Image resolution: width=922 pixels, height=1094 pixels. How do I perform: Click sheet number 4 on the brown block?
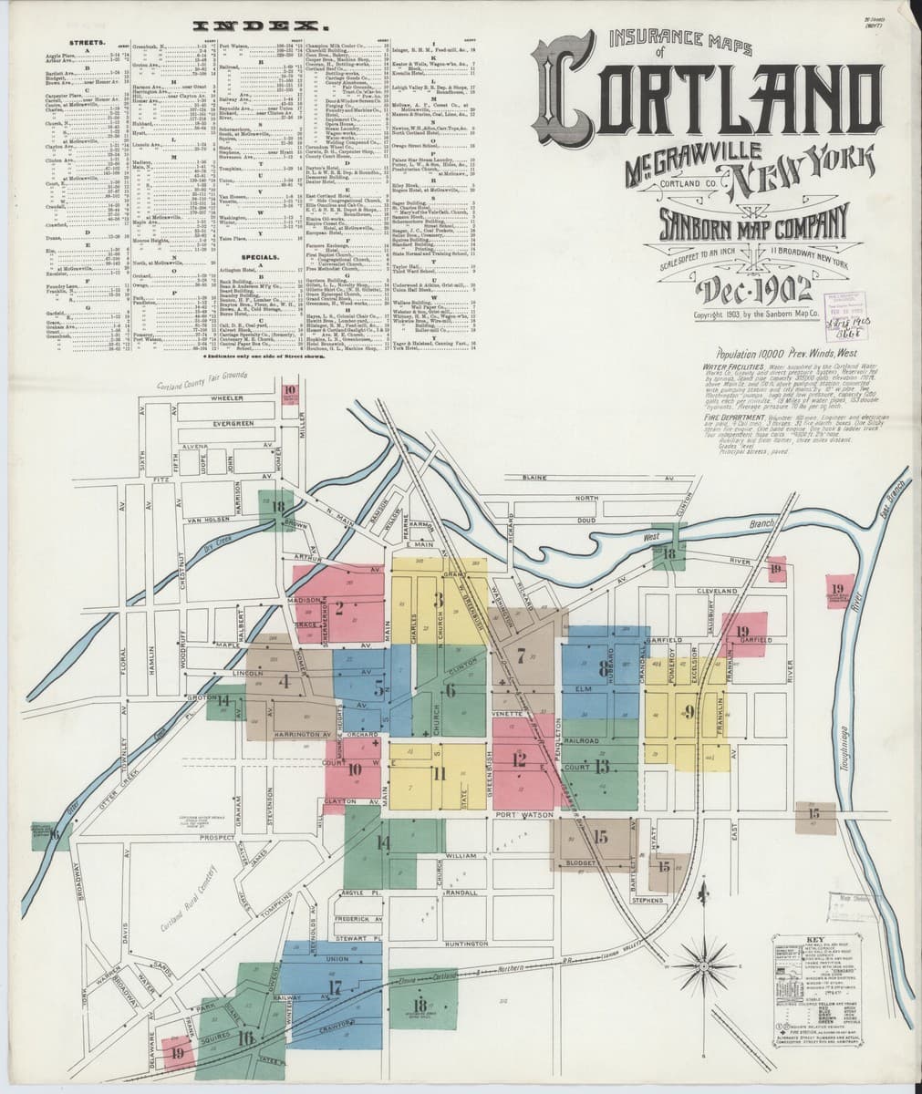click(285, 680)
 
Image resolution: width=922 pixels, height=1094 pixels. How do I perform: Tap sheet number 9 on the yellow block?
click(689, 711)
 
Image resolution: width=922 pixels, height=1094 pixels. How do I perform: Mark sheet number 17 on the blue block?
click(335, 986)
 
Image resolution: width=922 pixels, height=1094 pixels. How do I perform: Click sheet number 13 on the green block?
click(601, 766)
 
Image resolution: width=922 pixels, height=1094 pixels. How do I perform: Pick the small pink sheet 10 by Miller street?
click(290, 394)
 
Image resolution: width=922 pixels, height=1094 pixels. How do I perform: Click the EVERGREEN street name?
click(228, 424)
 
